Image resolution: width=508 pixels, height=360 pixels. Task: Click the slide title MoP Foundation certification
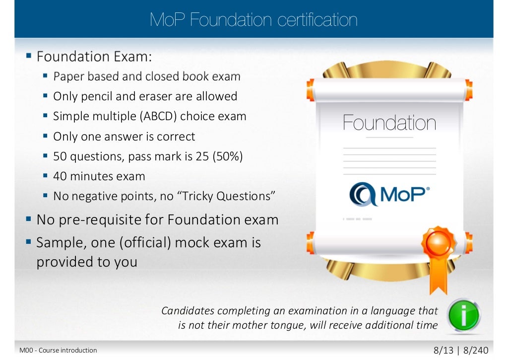pos(254,20)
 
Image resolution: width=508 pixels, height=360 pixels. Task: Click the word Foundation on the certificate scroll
pos(389,123)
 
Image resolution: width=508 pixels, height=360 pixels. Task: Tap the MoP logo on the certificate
pos(389,194)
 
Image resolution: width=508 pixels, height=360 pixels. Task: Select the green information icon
pos(463,315)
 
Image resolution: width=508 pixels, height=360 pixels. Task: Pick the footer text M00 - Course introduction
pos(58,351)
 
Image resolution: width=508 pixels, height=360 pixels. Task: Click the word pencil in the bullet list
pos(97,96)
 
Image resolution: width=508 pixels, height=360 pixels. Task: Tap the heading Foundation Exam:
pos(94,57)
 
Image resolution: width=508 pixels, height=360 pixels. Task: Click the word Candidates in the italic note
pos(188,311)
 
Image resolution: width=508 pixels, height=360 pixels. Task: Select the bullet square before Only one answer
pos(45,136)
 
